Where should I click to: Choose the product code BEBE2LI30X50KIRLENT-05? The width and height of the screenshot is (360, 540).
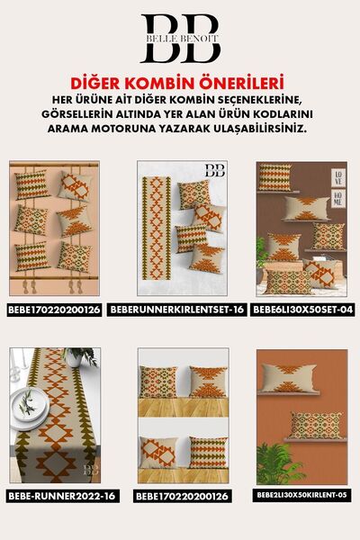(x=302, y=495)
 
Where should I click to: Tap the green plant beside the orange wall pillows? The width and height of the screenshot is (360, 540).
(x=276, y=463)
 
